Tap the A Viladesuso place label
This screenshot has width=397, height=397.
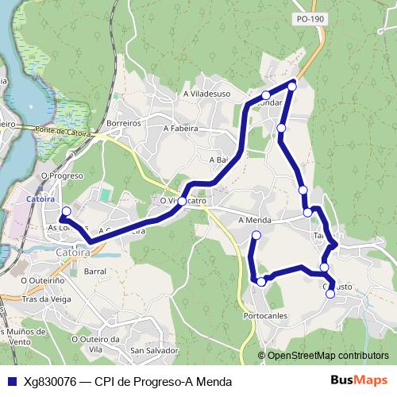[x=206, y=93]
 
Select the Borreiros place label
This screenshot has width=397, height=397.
[x=124, y=124]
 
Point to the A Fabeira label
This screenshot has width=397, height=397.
[x=180, y=127]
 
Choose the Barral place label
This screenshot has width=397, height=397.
[x=94, y=271]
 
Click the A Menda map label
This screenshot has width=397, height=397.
[x=255, y=220]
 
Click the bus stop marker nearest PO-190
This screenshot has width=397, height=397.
[x=292, y=86]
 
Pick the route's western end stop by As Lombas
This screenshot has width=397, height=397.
[x=66, y=211]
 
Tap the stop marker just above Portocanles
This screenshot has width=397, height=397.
[x=261, y=282]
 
